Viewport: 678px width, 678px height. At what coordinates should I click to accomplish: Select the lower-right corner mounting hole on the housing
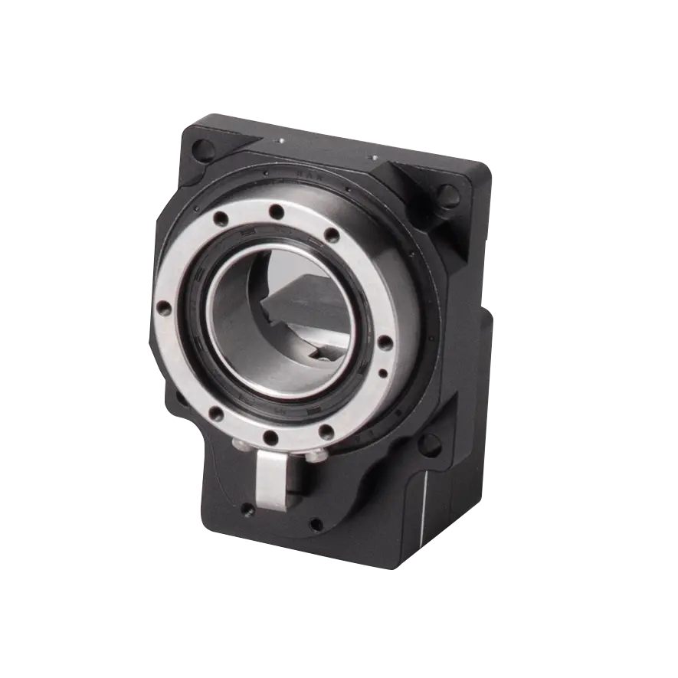coord(431,442)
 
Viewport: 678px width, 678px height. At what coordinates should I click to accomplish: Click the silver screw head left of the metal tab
coord(237,446)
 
